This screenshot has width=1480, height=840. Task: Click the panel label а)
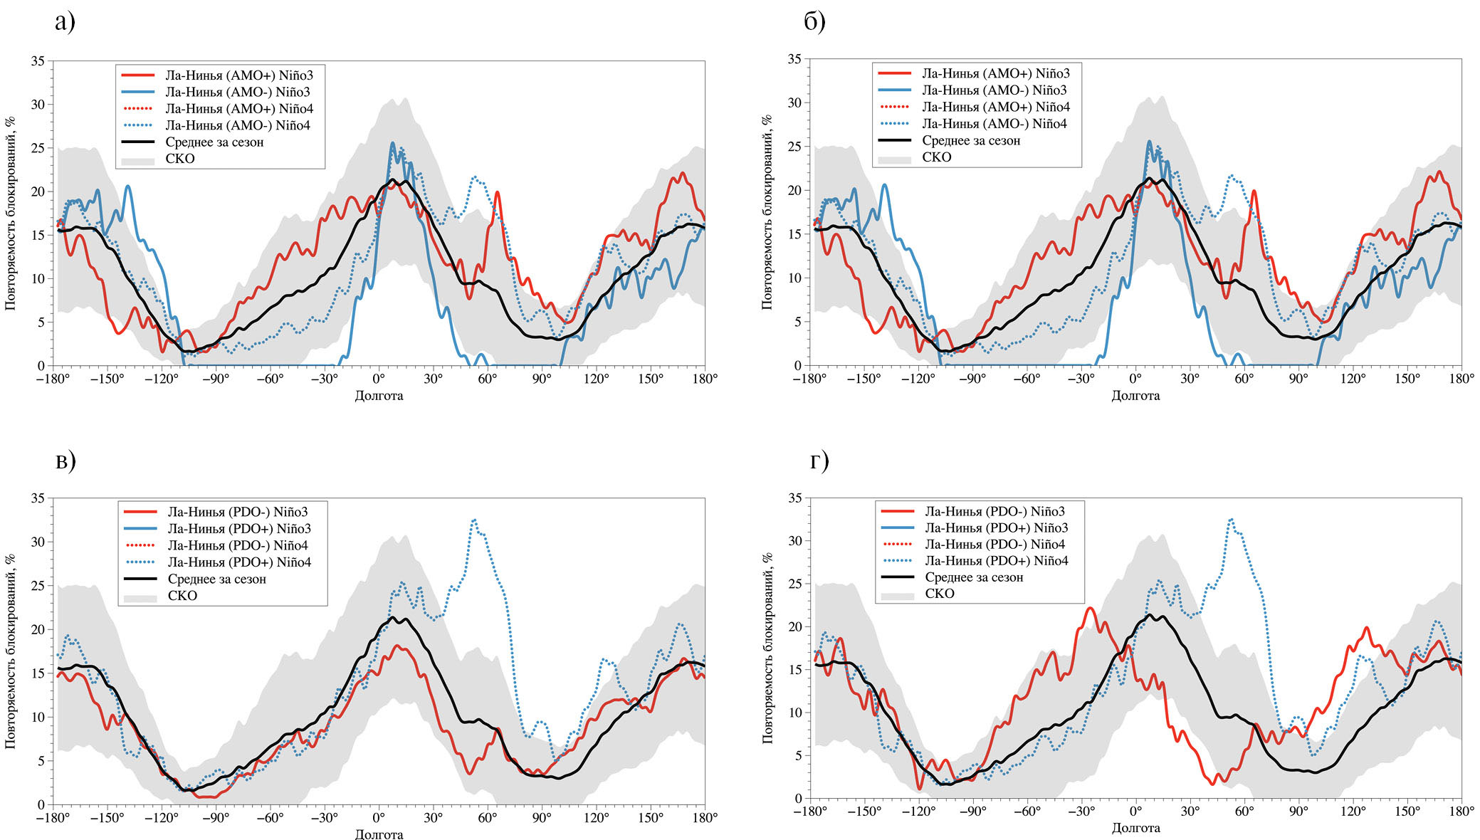(x=65, y=22)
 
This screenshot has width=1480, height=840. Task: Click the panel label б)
(x=814, y=22)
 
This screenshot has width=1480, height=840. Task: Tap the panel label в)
(x=65, y=461)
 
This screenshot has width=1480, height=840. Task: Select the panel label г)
(x=819, y=461)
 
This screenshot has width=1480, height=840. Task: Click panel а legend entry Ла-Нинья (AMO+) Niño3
(x=239, y=75)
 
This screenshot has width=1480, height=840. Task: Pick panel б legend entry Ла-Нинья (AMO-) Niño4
(x=994, y=124)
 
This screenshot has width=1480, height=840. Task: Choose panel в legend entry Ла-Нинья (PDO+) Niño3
(x=239, y=529)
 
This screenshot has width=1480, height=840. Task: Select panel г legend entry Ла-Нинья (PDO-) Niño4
(x=995, y=545)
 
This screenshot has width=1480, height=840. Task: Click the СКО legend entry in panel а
(x=179, y=159)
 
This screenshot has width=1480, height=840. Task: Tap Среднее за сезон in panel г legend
(x=974, y=577)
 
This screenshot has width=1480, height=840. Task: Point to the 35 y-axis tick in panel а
(x=38, y=61)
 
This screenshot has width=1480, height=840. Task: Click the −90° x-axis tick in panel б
(x=972, y=379)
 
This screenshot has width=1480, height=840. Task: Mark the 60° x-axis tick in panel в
(x=487, y=818)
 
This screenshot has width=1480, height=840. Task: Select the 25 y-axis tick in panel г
(x=794, y=584)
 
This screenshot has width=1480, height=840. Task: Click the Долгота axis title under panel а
(x=379, y=396)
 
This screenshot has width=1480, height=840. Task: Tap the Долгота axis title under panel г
(x=1135, y=828)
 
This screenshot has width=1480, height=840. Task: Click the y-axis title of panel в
(x=11, y=651)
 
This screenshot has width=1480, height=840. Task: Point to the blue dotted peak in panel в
(x=474, y=520)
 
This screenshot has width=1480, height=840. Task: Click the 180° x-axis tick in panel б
(x=1461, y=379)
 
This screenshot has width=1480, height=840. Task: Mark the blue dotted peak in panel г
(x=1231, y=520)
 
